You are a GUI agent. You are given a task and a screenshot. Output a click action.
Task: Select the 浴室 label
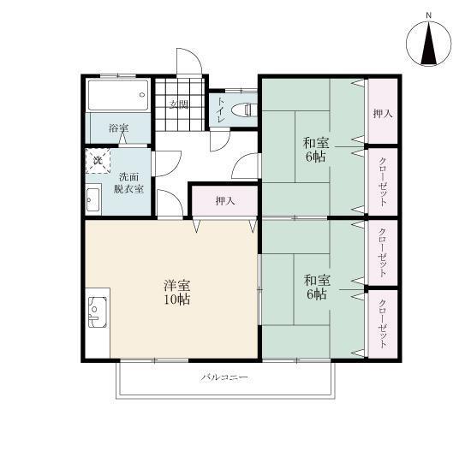click(118, 128)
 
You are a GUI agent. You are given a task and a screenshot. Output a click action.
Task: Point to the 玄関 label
click(178, 105)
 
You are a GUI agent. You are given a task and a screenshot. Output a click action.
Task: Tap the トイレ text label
click(221, 110)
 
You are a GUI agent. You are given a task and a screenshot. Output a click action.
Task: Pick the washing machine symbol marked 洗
click(98, 160)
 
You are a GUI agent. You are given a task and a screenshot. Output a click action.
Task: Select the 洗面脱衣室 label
click(130, 182)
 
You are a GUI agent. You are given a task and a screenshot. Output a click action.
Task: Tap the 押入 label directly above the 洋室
click(224, 202)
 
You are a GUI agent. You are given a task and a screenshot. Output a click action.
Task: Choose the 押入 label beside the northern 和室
click(382, 113)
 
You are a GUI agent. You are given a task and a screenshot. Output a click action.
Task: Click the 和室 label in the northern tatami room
click(315, 142)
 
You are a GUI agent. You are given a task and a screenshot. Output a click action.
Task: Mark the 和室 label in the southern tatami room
click(315, 279)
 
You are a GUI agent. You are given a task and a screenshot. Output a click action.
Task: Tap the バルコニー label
click(225, 377)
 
